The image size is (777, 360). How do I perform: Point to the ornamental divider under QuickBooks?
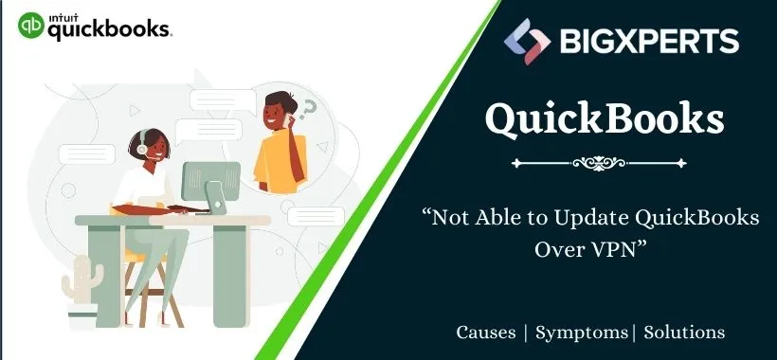[x=605, y=163]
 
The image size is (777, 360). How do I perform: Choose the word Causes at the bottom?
[x=486, y=333]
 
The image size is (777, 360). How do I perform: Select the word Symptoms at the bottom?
[x=581, y=333]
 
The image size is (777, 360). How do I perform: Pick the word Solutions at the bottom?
[x=685, y=333]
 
